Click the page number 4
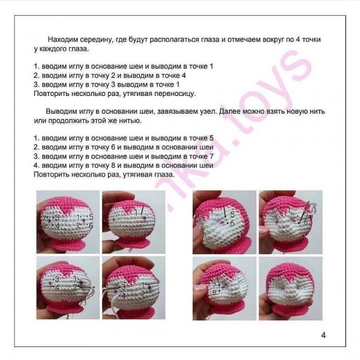coord(323,335)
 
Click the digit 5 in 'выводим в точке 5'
coord(211,138)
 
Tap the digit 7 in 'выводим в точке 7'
coord(211,157)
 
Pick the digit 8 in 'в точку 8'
coord(113,165)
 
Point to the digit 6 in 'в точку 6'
coord(113,147)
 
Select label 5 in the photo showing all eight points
coord(91,217)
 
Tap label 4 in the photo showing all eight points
coord(57,226)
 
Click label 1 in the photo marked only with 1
coord(136,212)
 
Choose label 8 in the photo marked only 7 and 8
coord(214,293)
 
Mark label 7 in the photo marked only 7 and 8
coord(214,285)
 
